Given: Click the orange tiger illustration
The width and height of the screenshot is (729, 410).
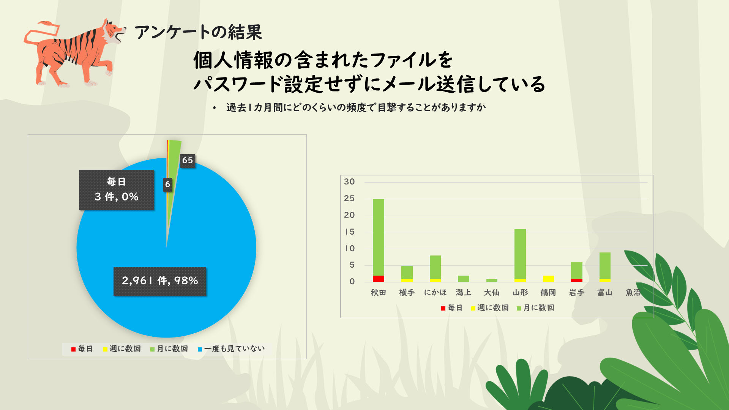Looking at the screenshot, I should tap(74, 53).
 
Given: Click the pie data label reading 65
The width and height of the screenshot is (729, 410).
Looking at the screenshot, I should tap(188, 161).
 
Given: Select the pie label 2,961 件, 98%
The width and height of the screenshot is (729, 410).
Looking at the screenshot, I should tap(160, 281).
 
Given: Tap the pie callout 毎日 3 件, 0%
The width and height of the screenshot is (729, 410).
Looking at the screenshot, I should tap(116, 189).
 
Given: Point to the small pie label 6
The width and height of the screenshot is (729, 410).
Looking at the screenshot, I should tap(167, 184).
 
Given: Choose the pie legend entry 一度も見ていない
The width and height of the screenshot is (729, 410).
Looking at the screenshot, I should tap(231, 349).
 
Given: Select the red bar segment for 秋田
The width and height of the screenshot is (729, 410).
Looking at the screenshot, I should tap(378, 279).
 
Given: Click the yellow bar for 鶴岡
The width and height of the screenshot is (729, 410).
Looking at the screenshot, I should tap(548, 279).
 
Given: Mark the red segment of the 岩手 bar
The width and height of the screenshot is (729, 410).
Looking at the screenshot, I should tap(576, 281).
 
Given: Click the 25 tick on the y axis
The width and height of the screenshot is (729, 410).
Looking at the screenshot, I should tap(349, 199).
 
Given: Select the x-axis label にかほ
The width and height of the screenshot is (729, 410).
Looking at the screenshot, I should tap(435, 293).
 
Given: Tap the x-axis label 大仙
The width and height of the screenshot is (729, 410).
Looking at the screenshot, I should tap(492, 293).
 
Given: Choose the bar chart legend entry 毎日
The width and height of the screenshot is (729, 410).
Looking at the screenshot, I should tap(451, 308).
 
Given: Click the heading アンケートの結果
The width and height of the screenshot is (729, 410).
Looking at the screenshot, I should tap(198, 32).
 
